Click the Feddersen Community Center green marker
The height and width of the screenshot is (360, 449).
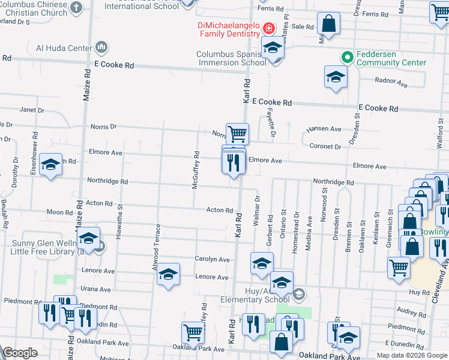[346, 57]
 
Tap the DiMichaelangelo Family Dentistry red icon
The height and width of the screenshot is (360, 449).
[268, 28]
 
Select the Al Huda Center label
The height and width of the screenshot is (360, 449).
[64, 47]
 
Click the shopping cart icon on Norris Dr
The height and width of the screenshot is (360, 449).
[237, 133]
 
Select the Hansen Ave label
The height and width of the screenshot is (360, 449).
[324, 129]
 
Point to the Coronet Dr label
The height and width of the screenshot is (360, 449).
[325, 146]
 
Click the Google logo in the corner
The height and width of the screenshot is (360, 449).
[20, 353]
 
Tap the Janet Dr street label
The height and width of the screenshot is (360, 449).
[32, 110]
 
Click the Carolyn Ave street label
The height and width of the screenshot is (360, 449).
[212, 259]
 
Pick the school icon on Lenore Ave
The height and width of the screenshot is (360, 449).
[169, 274]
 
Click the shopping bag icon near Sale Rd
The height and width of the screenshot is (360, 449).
[329, 25]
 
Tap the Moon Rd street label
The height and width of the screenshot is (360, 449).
[60, 212]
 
